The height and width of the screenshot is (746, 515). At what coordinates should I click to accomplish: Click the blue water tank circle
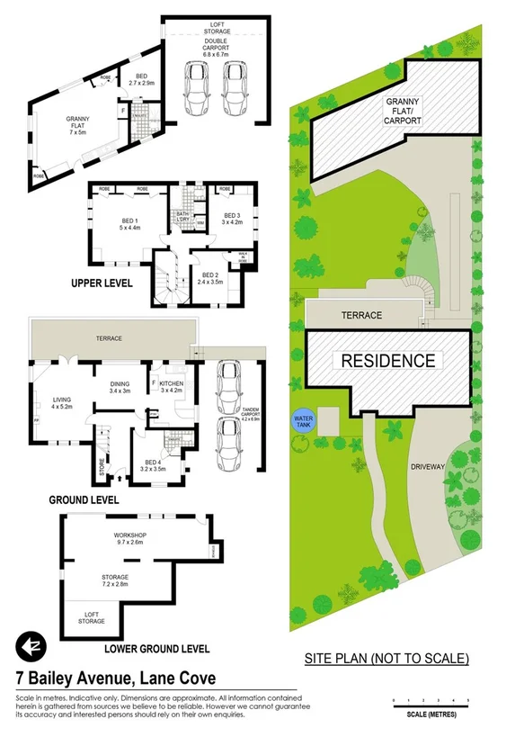[303, 420]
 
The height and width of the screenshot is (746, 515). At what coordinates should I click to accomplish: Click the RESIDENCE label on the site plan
[386, 362]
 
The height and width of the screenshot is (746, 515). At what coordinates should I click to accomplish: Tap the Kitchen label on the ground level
[171, 388]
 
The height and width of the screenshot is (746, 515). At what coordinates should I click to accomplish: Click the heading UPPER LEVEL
[101, 283]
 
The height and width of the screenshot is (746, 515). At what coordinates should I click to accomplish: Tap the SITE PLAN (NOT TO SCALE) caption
[387, 658]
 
